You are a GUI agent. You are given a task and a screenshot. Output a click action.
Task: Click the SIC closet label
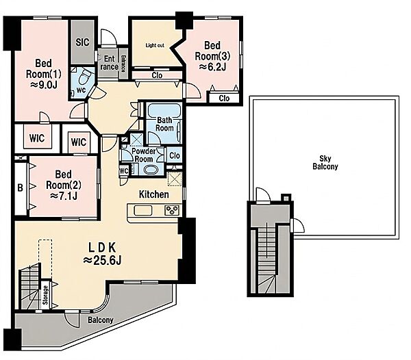point(83,42)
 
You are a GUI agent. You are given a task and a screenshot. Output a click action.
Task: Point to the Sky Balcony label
point(325,162)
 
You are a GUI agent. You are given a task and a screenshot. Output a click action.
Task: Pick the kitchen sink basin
point(143,211)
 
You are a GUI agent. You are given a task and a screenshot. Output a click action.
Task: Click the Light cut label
point(155,45)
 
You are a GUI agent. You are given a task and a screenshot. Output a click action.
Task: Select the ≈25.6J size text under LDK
point(102,260)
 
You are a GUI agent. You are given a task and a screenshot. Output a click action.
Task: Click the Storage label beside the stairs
point(46,295)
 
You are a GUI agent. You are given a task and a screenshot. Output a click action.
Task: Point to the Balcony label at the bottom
point(101,320)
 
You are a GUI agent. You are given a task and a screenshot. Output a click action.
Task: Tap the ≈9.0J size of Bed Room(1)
point(44,85)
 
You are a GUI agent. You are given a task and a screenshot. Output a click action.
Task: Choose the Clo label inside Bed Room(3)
point(224,98)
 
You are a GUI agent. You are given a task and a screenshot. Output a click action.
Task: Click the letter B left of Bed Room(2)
point(20,188)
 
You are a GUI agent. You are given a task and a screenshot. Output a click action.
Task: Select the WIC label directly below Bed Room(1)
point(37,138)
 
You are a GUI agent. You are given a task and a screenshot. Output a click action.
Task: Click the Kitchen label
point(154,194)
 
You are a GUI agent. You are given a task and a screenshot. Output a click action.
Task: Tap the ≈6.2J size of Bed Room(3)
point(212,67)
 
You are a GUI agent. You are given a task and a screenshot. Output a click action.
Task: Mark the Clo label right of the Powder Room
point(175,155)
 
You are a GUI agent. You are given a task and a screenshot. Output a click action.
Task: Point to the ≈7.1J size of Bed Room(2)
point(64,196)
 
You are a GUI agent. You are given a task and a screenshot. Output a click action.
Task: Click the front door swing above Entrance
point(108,38)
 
